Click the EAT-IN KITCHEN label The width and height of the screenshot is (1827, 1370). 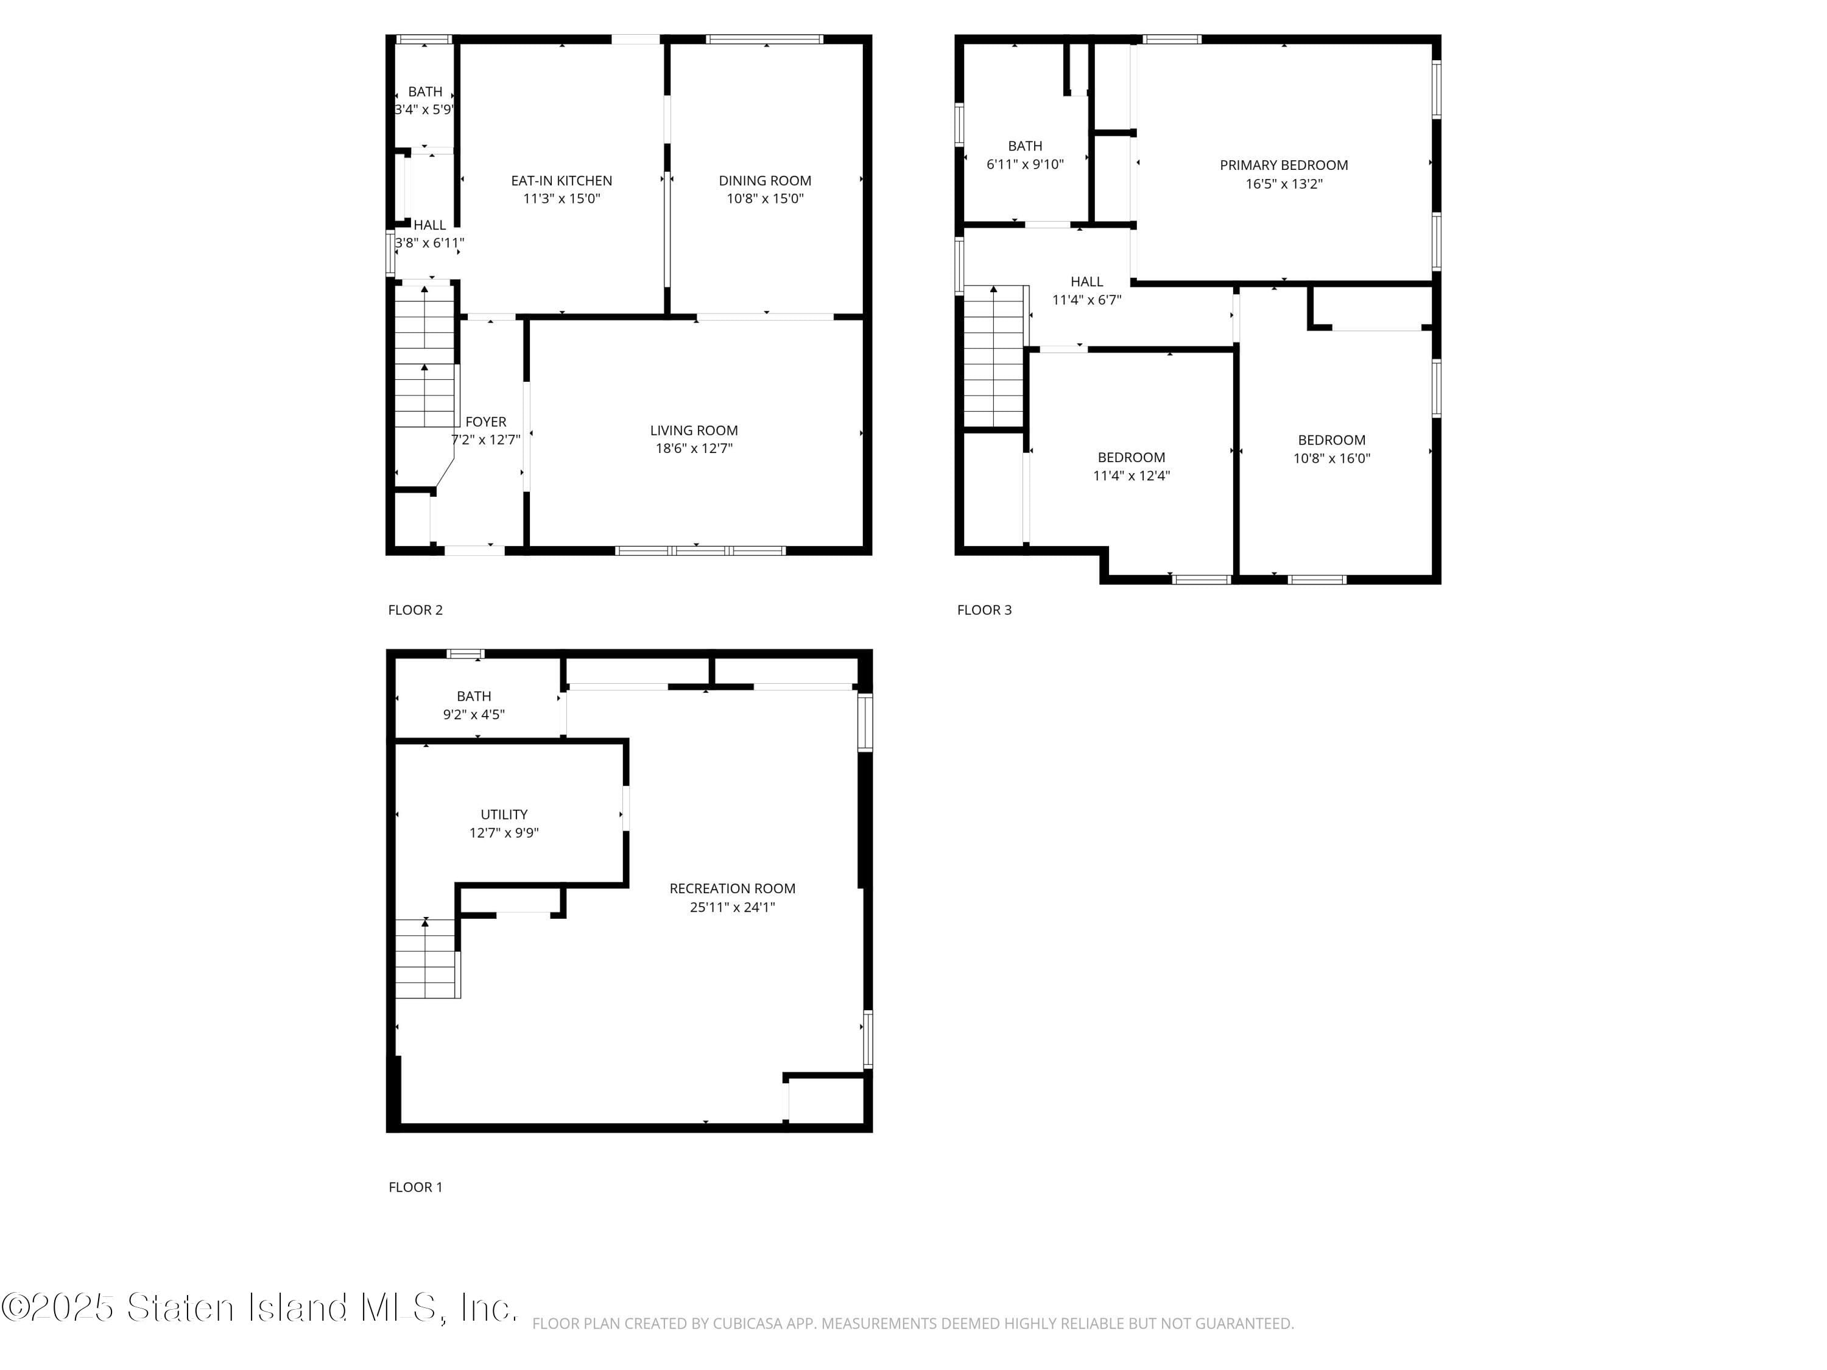561,180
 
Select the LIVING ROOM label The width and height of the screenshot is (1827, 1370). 694,430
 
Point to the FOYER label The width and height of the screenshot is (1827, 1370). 485,422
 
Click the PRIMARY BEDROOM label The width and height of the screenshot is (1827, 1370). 1284,165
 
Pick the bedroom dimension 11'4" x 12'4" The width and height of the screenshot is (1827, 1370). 1131,476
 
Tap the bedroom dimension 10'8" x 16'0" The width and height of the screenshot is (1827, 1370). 1331,458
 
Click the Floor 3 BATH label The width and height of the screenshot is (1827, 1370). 1025,146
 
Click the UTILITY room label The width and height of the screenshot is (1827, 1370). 504,814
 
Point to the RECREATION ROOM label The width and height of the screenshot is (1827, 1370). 732,888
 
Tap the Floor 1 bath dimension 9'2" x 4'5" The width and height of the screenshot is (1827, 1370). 473,714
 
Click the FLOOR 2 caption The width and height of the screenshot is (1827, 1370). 415,610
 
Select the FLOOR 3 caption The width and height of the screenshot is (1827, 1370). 984,610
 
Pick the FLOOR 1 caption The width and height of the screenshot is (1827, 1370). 415,1187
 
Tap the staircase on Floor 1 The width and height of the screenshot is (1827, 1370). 426,958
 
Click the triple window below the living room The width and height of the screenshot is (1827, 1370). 700,550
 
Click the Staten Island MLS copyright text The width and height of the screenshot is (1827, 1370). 259,1307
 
